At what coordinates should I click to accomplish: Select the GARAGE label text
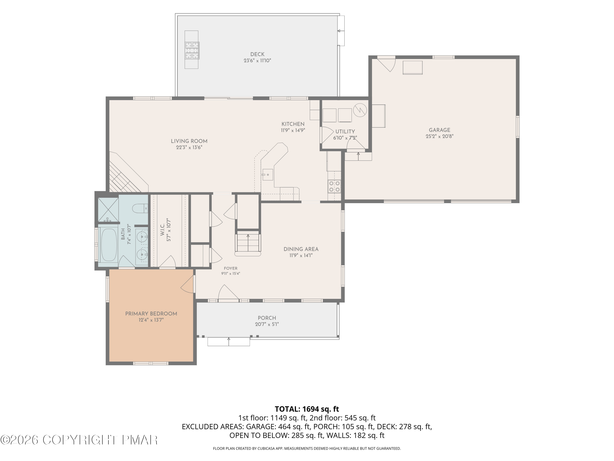pyautogui.click(x=439, y=130)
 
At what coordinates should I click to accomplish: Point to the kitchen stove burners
pyautogui.click(x=334, y=186)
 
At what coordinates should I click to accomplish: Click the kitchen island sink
pyautogui.click(x=267, y=175)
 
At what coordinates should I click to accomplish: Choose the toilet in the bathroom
pyautogui.click(x=140, y=208)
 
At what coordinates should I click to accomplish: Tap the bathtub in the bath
pyautogui.click(x=108, y=244)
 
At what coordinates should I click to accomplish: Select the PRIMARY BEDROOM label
pyautogui.click(x=151, y=314)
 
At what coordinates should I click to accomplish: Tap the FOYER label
pyautogui.click(x=231, y=268)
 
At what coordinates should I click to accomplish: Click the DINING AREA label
pyautogui.click(x=301, y=249)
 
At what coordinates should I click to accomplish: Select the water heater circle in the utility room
pyautogui.click(x=360, y=110)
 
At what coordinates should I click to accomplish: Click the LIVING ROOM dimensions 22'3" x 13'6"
pyautogui.click(x=189, y=148)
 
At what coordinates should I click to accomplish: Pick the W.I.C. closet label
pyautogui.click(x=162, y=229)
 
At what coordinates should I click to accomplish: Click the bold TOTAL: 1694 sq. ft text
pyautogui.click(x=307, y=409)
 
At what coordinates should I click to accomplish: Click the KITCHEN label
pyautogui.click(x=293, y=124)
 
